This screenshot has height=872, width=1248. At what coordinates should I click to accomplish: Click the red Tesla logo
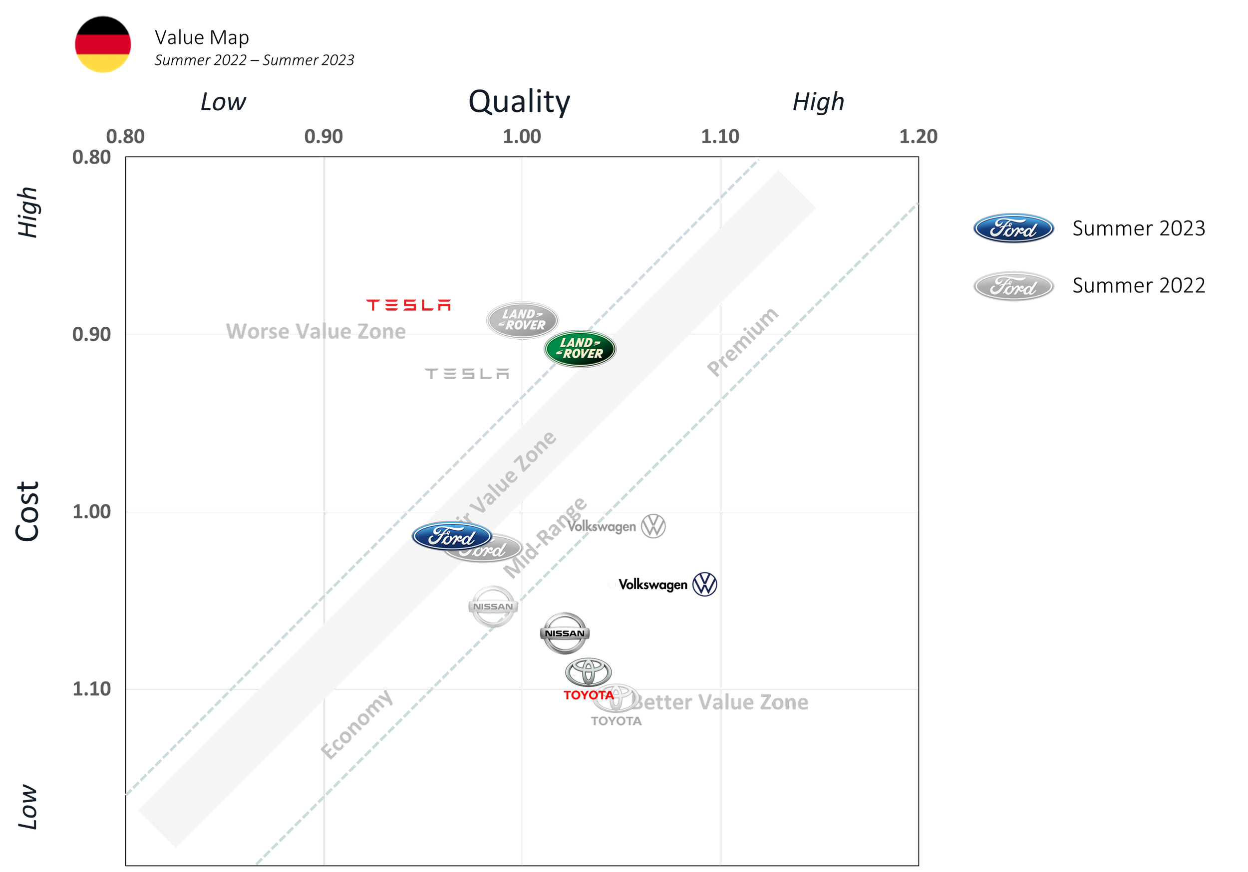click(x=409, y=305)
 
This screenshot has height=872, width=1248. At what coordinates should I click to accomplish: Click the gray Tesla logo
click(x=467, y=376)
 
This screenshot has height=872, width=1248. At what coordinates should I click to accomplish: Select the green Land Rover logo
click(x=580, y=348)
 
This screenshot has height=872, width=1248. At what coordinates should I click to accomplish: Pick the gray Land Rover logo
click(x=522, y=320)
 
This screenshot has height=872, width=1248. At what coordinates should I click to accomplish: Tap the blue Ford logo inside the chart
click(x=451, y=537)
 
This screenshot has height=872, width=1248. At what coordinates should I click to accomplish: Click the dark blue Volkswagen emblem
click(x=704, y=585)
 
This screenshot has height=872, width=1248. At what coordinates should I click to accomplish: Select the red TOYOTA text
click(x=588, y=695)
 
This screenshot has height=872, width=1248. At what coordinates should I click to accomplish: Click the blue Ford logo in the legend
click(x=1013, y=228)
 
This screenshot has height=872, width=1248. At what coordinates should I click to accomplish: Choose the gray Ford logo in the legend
click(x=1013, y=286)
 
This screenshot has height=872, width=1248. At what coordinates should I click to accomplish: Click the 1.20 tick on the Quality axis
click(x=918, y=136)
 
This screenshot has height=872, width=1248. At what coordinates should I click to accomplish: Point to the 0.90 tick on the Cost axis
click(x=91, y=334)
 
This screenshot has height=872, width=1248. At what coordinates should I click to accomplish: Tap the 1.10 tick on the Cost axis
click(x=91, y=688)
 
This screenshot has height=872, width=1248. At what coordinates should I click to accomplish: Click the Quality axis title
click(x=520, y=102)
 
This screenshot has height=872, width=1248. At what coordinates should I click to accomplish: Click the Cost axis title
click(x=27, y=511)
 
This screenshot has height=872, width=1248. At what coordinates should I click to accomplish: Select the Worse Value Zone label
click(x=316, y=331)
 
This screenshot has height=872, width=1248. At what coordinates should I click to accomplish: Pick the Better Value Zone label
click(x=721, y=702)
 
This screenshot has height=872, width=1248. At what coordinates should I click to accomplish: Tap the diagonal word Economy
click(x=356, y=724)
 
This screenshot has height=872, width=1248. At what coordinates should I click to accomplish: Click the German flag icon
click(x=103, y=53)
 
